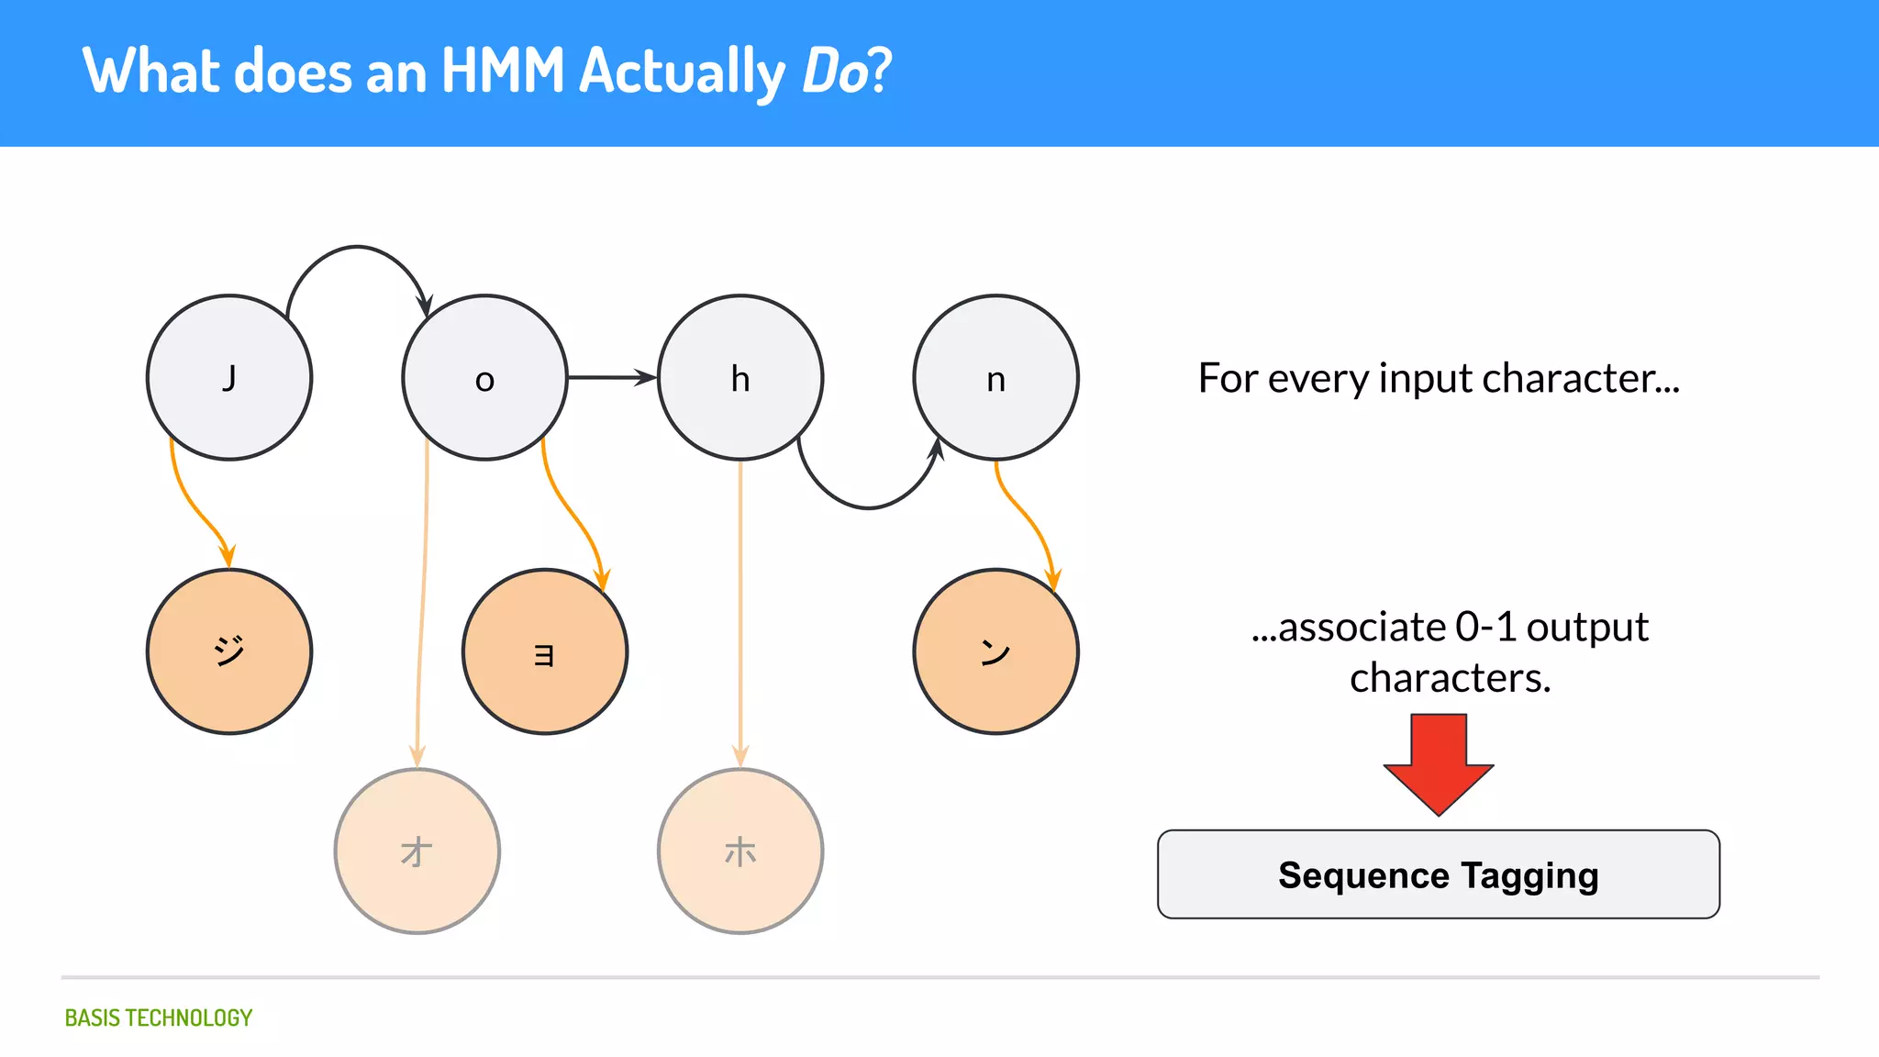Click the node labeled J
click(229, 377)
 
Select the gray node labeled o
click(484, 377)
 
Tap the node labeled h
click(740, 377)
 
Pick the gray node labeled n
click(995, 377)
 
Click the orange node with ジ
click(229, 651)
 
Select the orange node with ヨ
click(545, 651)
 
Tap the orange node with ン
click(995, 651)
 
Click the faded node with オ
click(417, 851)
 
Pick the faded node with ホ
click(740, 851)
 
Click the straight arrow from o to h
click(610, 377)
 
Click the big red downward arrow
click(1439, 762)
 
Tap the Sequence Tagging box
click(1439, 874)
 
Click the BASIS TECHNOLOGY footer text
click(158, 1018)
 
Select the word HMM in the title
click(503, 72)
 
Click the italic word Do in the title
click(833, 72)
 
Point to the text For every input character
click(1439, 378)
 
